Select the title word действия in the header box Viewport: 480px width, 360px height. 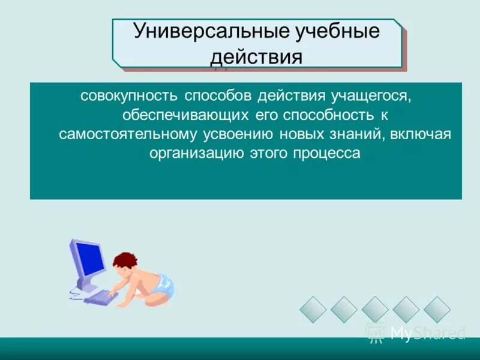tap(255, 58)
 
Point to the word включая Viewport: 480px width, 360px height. tap(420, 134)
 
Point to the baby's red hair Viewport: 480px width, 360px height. tap(124, 260)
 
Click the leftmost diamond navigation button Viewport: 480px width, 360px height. tap(313, 310)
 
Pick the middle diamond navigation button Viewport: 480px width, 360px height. tap(374, 310)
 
